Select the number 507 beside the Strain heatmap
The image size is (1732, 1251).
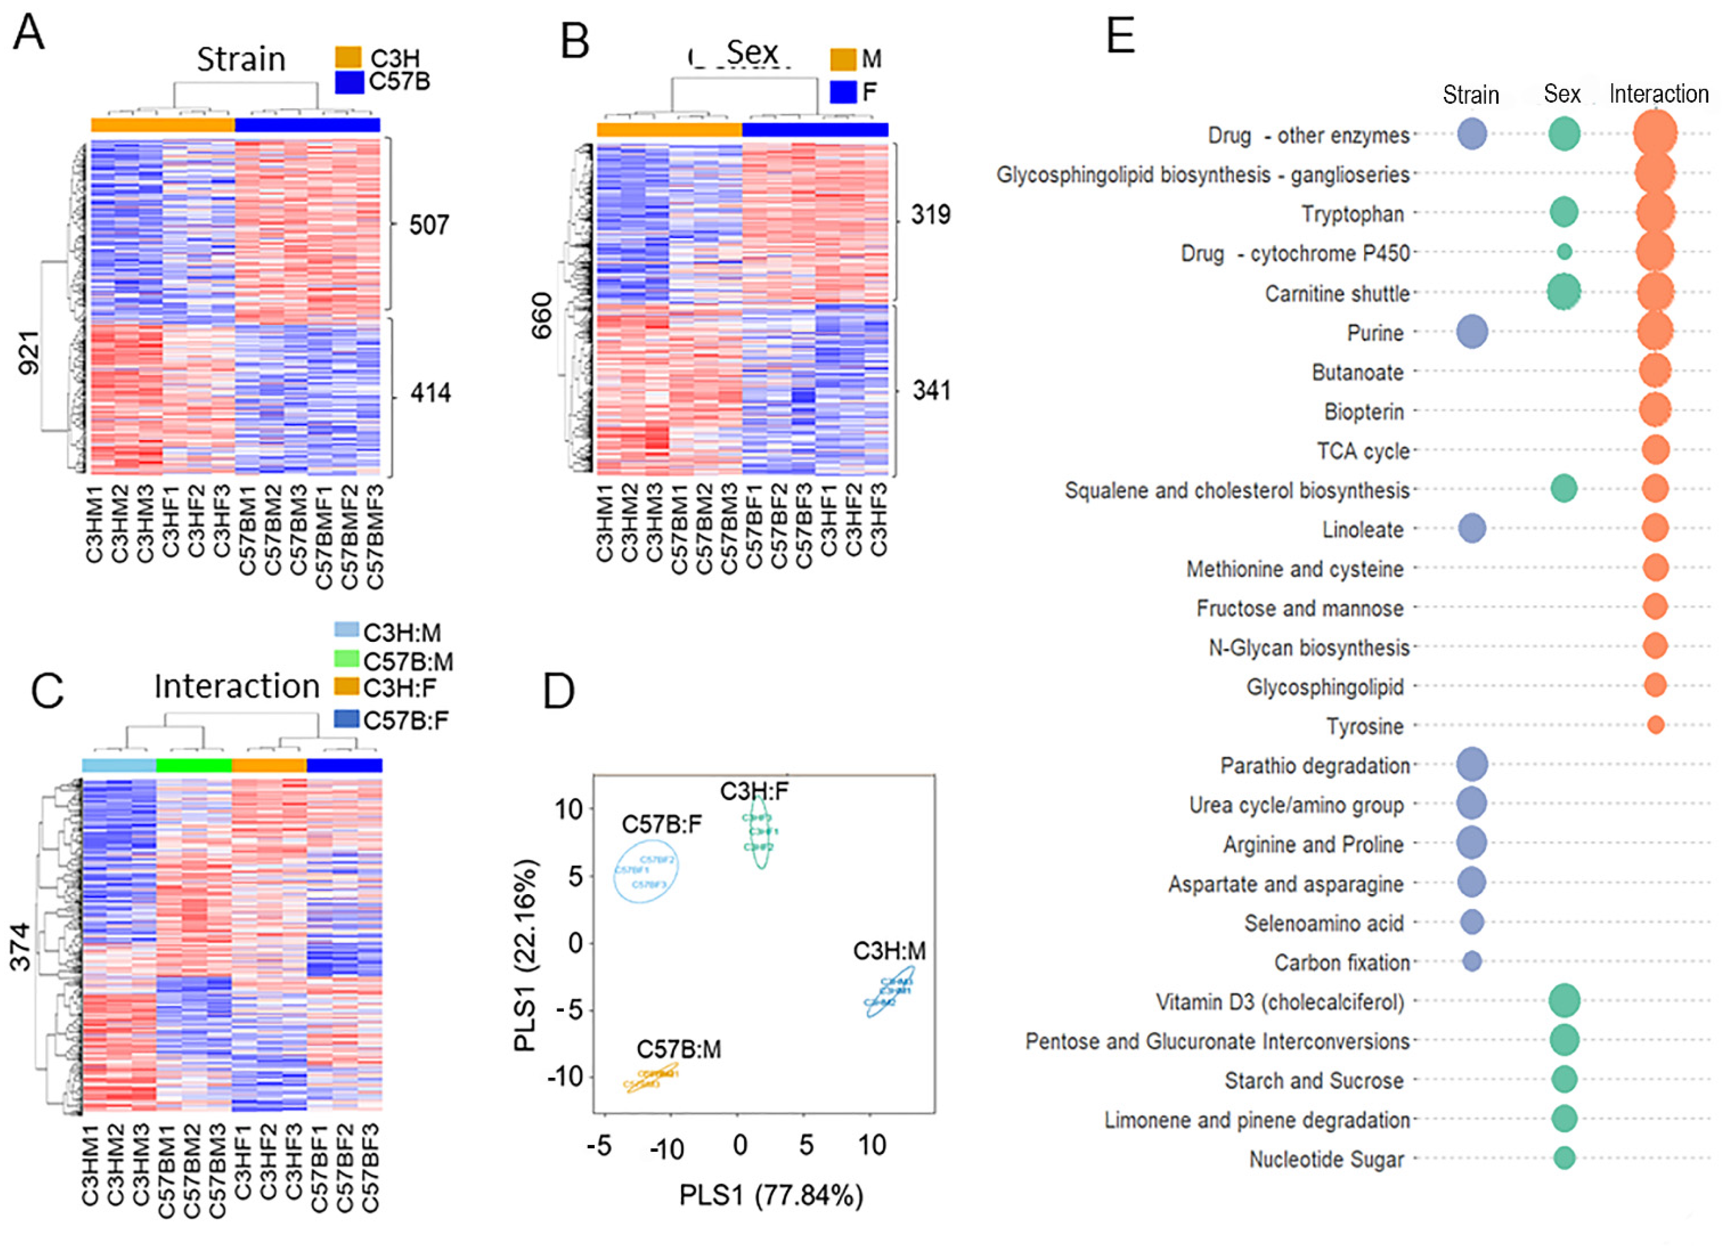click(429, 225)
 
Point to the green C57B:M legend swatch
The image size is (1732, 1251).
click(347, 659)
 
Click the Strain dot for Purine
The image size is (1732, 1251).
click(1472, 332)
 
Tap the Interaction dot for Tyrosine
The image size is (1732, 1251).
click(1655, 724)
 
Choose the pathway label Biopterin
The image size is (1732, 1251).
click(1364, 412)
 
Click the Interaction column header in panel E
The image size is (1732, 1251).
click(1659, 94)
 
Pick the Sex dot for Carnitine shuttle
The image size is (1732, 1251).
click(1563, 291)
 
